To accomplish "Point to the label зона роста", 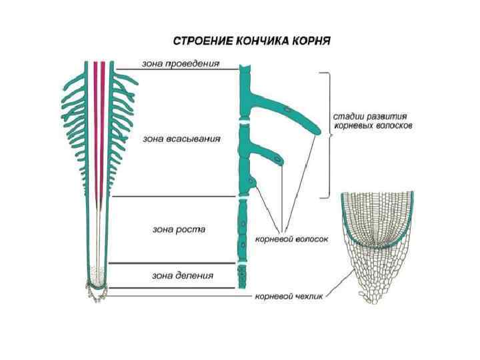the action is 179,229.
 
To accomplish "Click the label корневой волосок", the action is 292,237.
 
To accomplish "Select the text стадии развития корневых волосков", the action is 372,120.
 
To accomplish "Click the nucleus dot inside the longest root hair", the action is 286,108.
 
